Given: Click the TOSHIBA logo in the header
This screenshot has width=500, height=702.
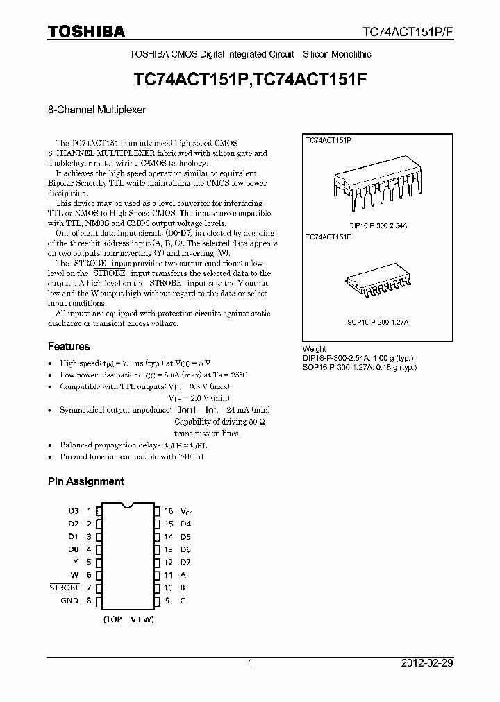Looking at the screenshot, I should coord(86,31).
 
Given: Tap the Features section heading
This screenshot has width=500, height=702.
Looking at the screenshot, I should coord(69,346).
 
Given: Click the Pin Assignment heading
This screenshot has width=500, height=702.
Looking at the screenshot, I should coord(85,481).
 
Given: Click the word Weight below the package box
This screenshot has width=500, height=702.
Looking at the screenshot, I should coord(315,349).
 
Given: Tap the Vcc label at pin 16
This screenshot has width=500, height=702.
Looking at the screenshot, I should coord(186,511).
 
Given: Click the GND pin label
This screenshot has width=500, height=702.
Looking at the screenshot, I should coord(69,601).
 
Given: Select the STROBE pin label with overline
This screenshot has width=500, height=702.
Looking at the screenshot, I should coord(65,588).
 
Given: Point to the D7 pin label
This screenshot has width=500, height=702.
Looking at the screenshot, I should coord(185,562).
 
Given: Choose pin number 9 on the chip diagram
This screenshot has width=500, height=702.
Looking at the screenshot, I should coord(168,601).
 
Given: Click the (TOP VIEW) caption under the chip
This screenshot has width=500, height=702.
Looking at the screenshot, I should coord(128,619).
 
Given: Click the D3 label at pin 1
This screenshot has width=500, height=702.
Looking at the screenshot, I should coord(74,511).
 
